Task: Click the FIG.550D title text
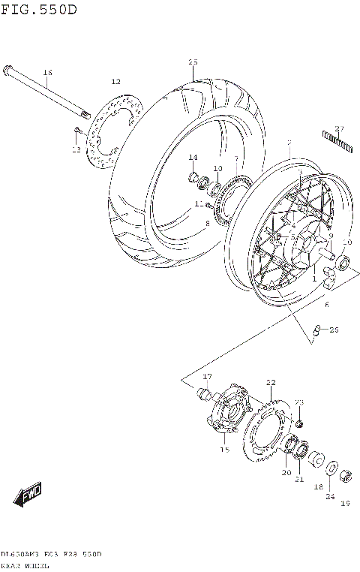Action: [38, 9]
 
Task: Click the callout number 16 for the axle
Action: [47, 73]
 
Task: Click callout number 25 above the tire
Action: [193, 62]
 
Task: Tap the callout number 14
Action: [193, 157]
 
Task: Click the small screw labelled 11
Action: [208, 205]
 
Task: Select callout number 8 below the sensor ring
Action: [208, 224]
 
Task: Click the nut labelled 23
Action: [298, 425]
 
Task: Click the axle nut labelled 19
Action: [346, 475]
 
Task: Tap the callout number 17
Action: [208, 376]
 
